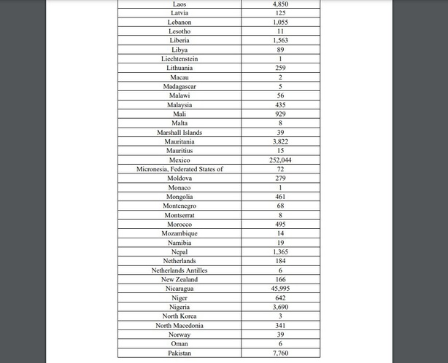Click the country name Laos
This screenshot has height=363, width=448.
point(179,4)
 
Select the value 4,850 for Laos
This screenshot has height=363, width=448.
point(280,4)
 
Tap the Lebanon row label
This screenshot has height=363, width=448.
point(179,22)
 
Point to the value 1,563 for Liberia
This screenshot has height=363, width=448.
point(280,40)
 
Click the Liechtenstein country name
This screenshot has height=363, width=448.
point(179,58)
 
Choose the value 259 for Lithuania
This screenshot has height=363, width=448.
point(280,68)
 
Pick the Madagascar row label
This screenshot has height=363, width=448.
point(179,86)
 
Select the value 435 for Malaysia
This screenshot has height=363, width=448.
point(280,105)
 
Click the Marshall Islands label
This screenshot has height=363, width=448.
point(179,133)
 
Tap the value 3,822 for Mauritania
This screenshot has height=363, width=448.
point(280,141)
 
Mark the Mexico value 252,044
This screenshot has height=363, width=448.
point(280,160)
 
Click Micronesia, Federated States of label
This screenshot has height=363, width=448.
point(179,169)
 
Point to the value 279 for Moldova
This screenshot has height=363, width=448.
point(280,179)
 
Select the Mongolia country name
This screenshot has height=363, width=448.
point(179,197)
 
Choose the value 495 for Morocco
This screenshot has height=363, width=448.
point(280,225)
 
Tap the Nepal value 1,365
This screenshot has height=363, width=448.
point(280,251)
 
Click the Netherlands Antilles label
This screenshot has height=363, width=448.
point(179,270)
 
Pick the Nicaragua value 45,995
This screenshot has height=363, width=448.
point(280,289)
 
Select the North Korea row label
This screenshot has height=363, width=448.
point(179,316)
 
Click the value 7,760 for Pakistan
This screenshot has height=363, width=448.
point(280,354)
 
